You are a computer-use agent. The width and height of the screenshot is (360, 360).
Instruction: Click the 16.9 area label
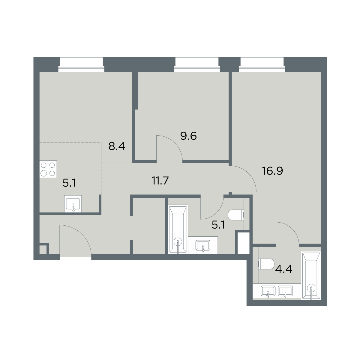[x=273, y=171]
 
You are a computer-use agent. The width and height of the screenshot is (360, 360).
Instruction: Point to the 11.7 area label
[x=160, y=181]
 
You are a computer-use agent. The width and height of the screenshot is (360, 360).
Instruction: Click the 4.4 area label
[x=284, y=269]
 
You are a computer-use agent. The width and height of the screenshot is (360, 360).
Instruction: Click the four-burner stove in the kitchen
[x=48, y=169]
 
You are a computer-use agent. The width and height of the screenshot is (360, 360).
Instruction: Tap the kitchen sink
[x=73, y=204]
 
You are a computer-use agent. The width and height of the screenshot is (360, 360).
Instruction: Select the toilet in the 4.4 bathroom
[x=266, y=264]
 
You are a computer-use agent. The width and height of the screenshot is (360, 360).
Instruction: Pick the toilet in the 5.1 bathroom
[x=236, y=215]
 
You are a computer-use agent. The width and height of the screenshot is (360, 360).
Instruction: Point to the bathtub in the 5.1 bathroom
[x=178, y=229]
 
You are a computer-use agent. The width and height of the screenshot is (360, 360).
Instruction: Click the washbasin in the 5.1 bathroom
[x=203, y=245]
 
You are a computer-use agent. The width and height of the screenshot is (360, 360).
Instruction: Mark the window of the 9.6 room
[x=197, y=64]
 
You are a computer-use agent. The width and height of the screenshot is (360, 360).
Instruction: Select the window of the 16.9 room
[x=262, y=64]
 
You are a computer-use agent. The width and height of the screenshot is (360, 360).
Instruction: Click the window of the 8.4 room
[x=81, y=64]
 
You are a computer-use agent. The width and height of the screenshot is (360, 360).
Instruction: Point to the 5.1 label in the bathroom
[x=218, y=225]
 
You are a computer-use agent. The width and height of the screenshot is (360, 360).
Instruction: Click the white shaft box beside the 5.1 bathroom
[x=244, y=243]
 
